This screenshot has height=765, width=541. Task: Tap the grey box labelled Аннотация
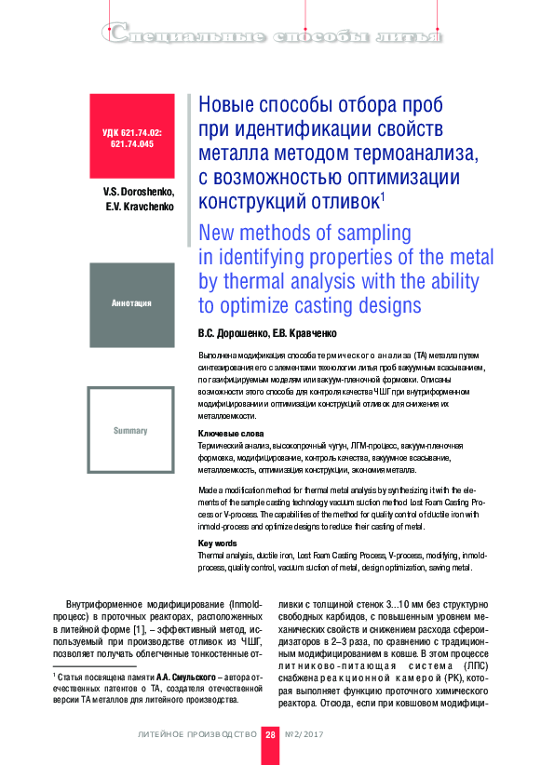(132, 304)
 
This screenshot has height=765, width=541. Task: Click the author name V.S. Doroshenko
(140, 191)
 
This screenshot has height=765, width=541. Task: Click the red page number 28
(270, 734)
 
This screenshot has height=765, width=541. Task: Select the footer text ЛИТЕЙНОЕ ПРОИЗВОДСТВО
(196, 734)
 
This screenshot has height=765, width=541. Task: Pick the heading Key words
(219, 543)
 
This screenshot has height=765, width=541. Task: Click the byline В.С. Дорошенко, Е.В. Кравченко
(267, 332)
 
